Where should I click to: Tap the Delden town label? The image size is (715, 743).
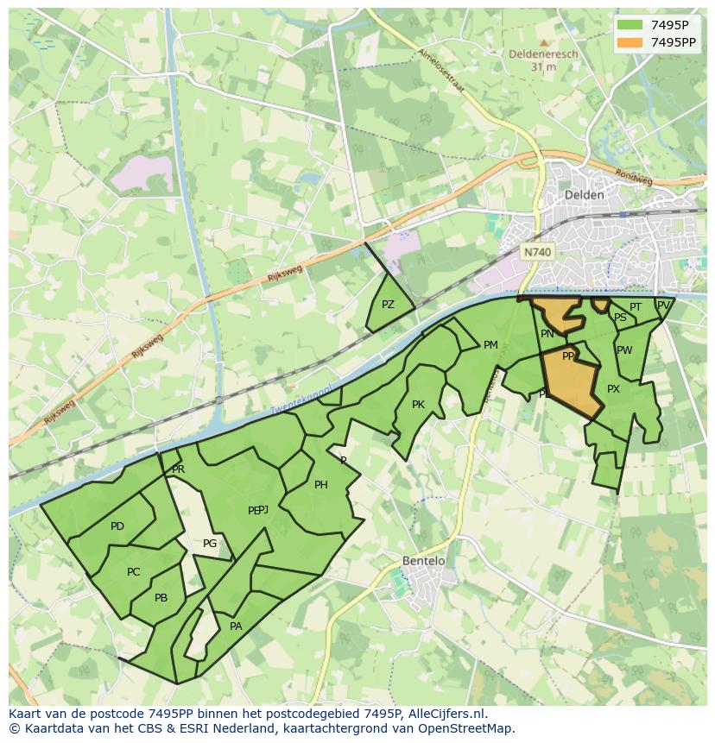tap(583, 195)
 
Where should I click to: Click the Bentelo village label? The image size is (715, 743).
tap(423, 561)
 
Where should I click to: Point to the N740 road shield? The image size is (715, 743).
tap(536, 252)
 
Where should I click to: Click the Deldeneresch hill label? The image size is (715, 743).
tap(543, 54)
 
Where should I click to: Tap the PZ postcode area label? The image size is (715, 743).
tap(388, 305)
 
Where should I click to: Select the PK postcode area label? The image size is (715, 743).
tap(418, 405)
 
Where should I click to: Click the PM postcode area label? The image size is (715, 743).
tap(490, 345)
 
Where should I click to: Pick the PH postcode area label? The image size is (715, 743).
tap(320, 485)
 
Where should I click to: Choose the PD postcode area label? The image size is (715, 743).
tap(117, 526)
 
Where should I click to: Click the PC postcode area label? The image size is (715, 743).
tap(133, 572)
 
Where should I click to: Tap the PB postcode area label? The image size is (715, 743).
tap(161, 598)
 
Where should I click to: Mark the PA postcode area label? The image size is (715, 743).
tap(236, 627)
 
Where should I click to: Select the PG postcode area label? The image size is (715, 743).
tap(210, 544)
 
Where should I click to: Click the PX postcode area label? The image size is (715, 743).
tap(613, 389)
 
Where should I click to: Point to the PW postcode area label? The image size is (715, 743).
tap(624, 350)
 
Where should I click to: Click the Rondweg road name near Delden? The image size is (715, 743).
tap(634, 176)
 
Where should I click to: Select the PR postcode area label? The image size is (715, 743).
tap(178, 469)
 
